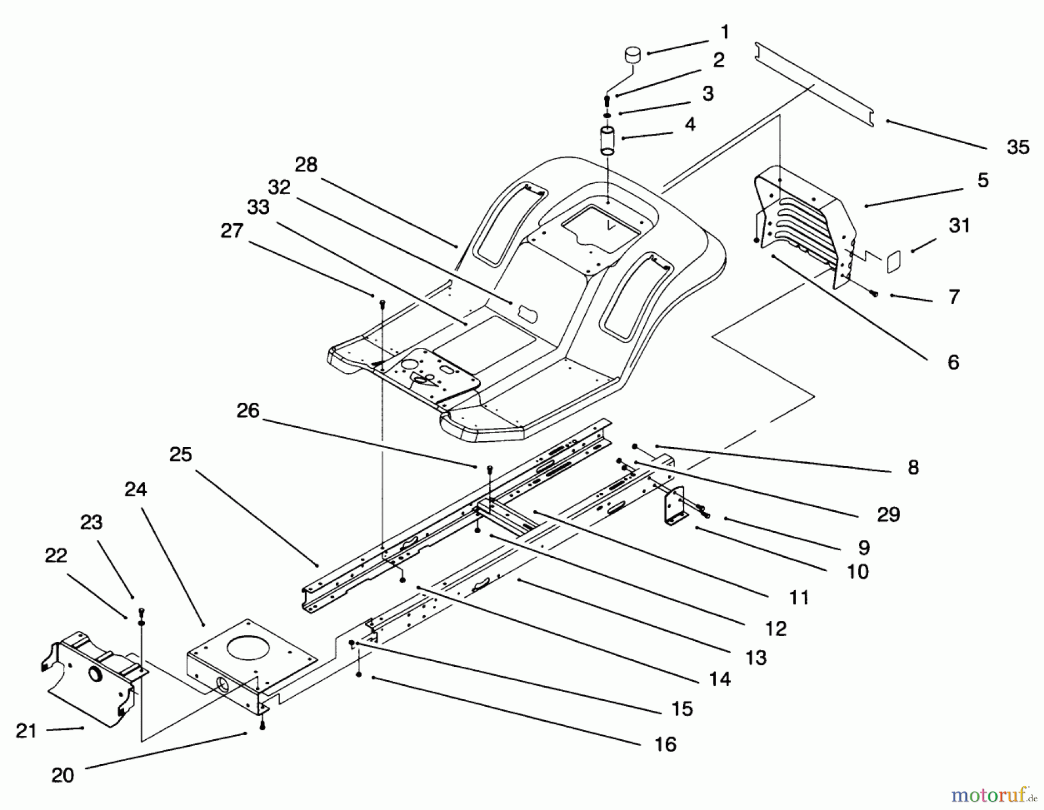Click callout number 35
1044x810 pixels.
click(1017, 147)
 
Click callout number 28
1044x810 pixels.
click(306, 165)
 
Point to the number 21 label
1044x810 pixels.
click(26, 731)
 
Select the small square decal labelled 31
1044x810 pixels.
click(893, 261)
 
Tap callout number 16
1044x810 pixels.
click(665, 744)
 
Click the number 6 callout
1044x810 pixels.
click(953, 362)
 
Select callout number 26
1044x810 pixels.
click(248, 411)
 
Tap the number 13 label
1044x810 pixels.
click(756, 658)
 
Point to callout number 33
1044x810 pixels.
click(258, 207)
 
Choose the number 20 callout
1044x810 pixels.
click(63, 775)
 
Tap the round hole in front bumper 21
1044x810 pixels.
click(93, 674)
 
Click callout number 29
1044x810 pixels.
click(888, 514)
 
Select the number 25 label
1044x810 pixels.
click(180, 454)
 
